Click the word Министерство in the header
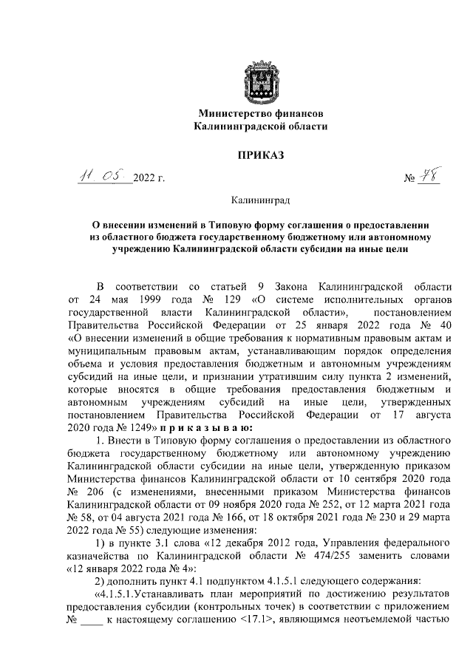click(x=230, y=114)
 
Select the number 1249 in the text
click(x=135, y=427)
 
